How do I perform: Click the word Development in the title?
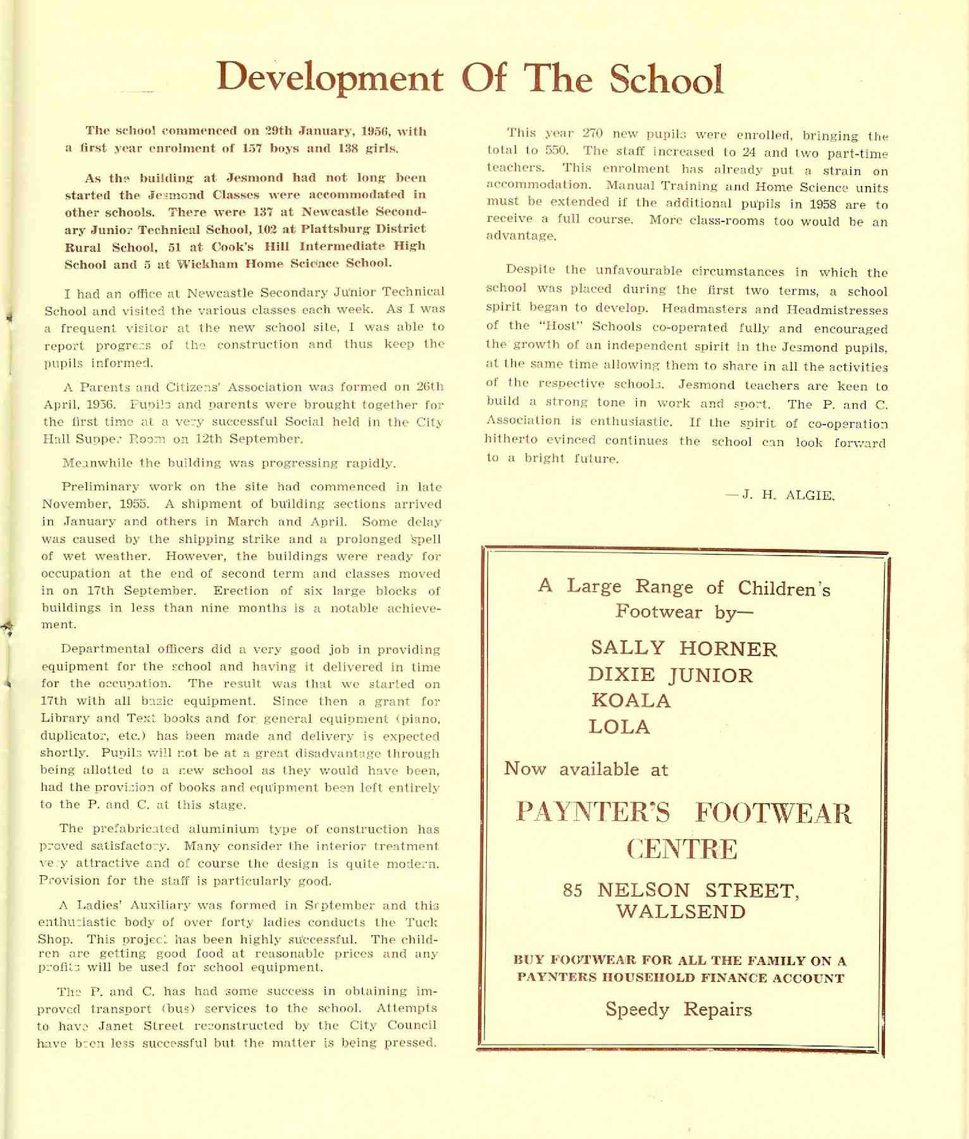pos(330,79)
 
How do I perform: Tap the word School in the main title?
pos(666,79)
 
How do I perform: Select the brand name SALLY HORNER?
pos(684,648)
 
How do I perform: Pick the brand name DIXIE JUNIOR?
pos(670,675)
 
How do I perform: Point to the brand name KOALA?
pos(631,700)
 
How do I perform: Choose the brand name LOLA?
pos(619,726)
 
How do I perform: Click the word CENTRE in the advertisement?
pos(682,849)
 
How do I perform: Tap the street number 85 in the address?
pos(572,890)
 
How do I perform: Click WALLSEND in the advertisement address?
pos(681,912)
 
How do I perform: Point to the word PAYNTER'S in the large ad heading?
pos(593,812)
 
